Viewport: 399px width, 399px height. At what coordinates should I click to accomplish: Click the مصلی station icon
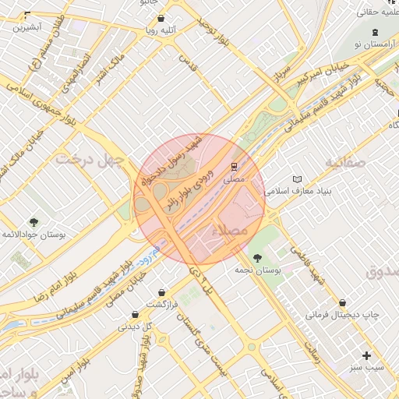(x=234, y=167)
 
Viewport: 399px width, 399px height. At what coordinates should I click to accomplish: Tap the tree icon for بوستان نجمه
(x=256, y=258)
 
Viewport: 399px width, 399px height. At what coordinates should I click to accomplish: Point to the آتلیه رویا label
(x=161, y=30)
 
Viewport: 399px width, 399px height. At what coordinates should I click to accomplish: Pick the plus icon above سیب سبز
(x=366, y=355)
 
